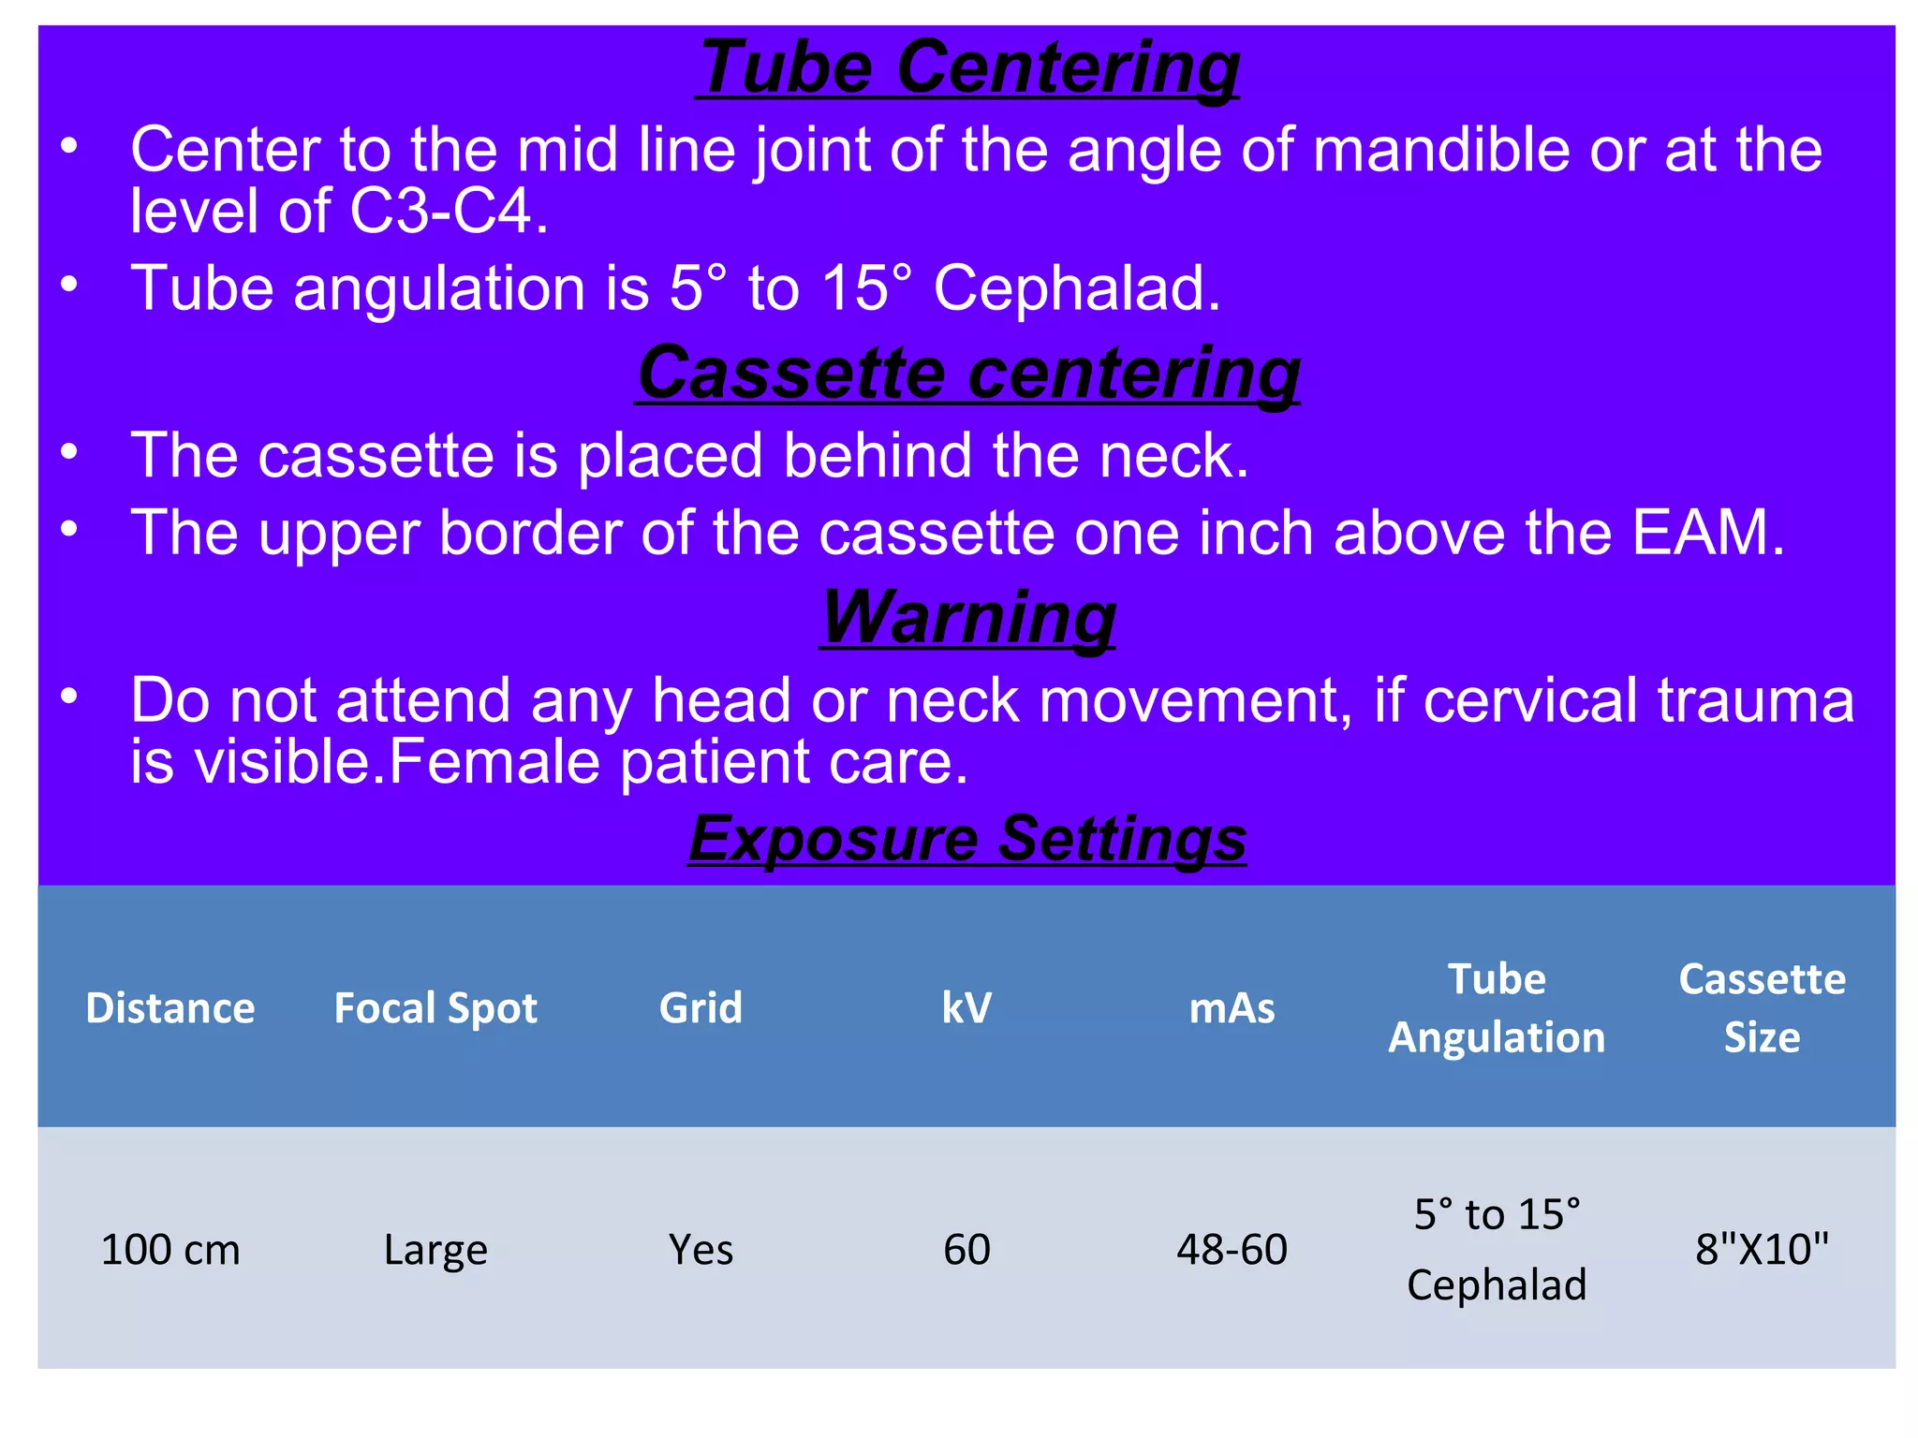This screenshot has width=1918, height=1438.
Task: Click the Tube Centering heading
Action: coord(968,67)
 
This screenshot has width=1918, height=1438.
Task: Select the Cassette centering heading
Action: coord(968,374)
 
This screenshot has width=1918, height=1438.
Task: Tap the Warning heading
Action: coord(968,618)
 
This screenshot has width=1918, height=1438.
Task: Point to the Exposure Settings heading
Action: coord(967,838)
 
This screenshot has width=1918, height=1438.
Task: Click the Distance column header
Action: coord(170,1008)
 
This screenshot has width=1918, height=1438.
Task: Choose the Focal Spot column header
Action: coord(435,1008)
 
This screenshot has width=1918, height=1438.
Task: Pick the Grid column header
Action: coord(701,1008)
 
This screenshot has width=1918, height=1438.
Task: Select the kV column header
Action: coord(966,1008)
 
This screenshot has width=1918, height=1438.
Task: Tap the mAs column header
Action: coord(1232,1008)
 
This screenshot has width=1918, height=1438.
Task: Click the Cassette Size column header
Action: coord(1762,1008)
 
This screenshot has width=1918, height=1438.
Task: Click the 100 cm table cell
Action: coord(170,1250)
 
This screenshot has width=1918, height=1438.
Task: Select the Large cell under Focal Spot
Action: coord(435,1250)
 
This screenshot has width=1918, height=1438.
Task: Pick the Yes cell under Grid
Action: coord(701,1250)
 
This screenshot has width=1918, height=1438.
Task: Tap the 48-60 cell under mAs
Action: coord(1232,1250)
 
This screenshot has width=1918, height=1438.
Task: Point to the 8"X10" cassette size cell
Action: coord(1762,1250)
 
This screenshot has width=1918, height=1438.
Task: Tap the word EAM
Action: coord(1701,533)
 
